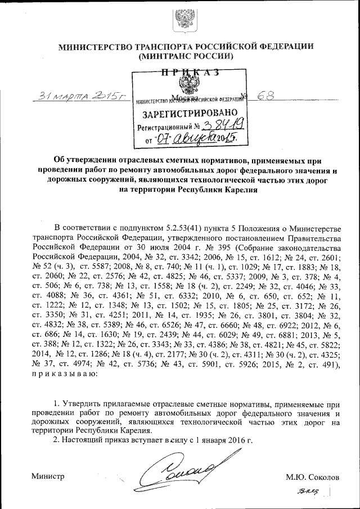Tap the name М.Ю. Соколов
312,477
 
